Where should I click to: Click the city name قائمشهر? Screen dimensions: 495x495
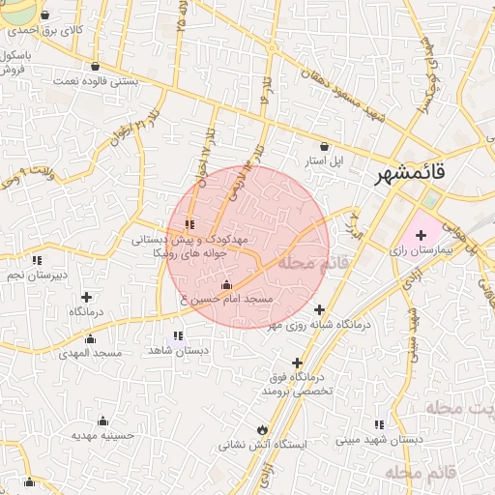(411, 174)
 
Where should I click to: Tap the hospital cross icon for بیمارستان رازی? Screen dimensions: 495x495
(421, 235)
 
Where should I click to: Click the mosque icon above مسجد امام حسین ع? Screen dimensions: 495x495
(226, 285)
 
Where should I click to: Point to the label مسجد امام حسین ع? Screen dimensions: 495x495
(225, 302)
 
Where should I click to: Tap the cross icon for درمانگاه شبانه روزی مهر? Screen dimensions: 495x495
(319, 309)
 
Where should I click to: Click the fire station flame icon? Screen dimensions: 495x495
(261, 429)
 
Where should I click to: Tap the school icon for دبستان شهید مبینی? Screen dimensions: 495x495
(380, 424)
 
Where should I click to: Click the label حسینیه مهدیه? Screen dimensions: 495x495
(102, 436)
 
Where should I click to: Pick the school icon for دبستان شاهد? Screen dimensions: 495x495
(178, 335)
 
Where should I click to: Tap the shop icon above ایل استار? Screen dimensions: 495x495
(324, 146)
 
